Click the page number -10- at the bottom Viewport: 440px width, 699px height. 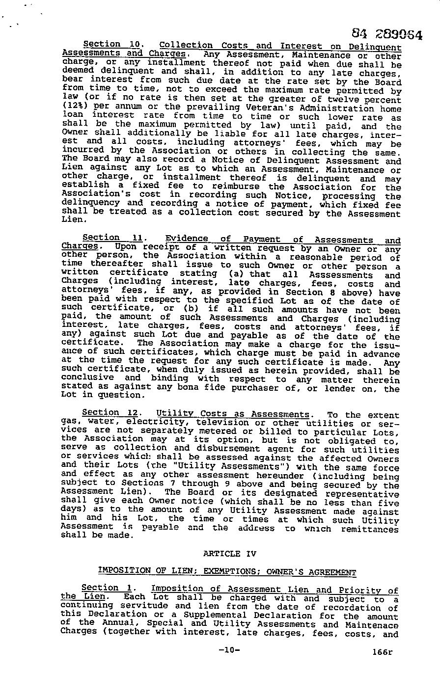pos(228,650)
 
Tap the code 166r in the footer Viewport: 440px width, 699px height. pos(383,652)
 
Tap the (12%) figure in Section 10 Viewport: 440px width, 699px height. pos(74,105)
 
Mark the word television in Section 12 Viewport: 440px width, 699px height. pos(222,423)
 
